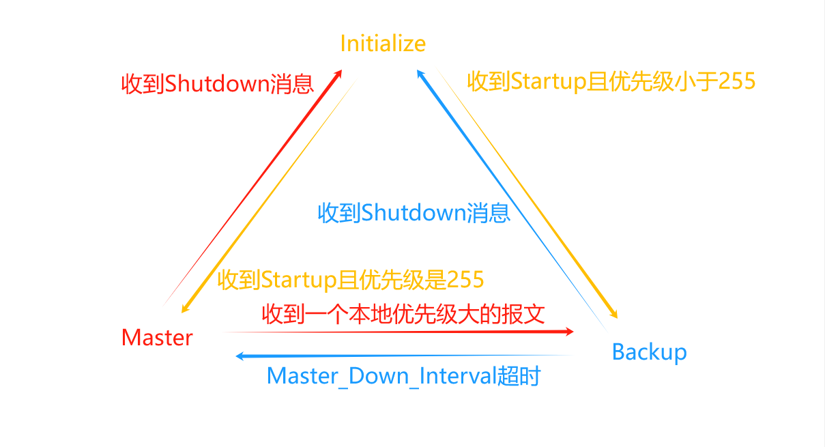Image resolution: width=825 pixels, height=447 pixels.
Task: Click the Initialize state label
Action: click(x=383, y=44)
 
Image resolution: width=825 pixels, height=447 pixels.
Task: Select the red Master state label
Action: click(x=157, y=337)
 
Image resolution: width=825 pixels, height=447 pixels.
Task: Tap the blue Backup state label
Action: click(x=649, y=352)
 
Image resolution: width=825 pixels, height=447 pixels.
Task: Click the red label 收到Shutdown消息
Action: click(x=217, y=84)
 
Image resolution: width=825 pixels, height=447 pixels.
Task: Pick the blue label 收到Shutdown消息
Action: click(x=414, y=213)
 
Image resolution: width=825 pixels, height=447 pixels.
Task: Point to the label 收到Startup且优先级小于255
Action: click(x=611, y=82)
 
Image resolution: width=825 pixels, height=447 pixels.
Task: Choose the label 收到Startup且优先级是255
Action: click(x=351, y=280)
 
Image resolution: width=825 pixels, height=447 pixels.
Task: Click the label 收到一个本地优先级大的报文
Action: click(x=403, y=314)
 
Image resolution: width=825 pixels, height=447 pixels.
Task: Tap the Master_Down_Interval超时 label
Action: click(x=403, y=376)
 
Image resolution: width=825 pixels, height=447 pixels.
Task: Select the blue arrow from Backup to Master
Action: click(x=403, y=356)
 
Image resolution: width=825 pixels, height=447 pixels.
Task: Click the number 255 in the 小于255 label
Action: click(x=736, y=82)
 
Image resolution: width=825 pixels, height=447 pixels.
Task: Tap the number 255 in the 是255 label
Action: click(x=465, y=280)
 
